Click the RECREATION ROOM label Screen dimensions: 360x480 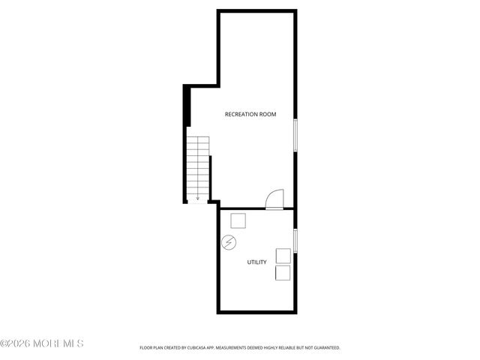pyautogui.click(x=250, y=115)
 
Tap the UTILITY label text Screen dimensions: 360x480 pyautogui.click(x=256, y=262)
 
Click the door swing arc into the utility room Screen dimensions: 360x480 pyautogui.click(x=274, y=198)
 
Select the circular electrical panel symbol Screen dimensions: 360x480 pyautogui.click(x=229, y=243)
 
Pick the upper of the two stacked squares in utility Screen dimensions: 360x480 pyautogui.click(x=283, y=255)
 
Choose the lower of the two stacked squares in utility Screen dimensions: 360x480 pyautogui.click(x=283, y=272)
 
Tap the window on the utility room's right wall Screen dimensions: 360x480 pyautogui.click(x=295, y=240)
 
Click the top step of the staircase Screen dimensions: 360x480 pyautogui.click(x=198, y=139)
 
